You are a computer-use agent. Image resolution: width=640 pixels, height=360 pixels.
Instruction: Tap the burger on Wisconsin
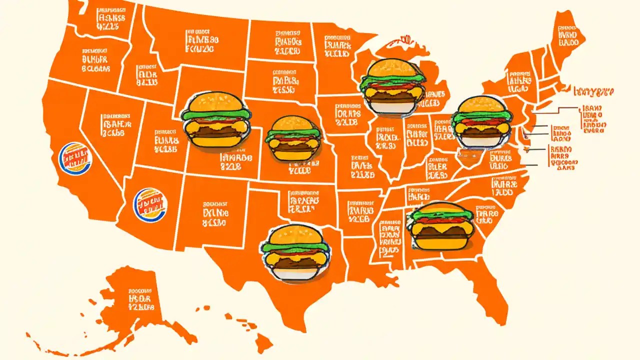click(392, 86)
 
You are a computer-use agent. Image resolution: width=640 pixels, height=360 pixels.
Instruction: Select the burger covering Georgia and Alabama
click(440, 226)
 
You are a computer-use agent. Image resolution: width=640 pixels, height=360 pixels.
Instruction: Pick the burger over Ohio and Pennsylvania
click(481, 121)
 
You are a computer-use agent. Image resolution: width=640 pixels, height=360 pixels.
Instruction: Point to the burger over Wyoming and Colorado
click(215, 121)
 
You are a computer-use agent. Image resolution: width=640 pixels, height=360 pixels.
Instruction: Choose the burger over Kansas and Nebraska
click(293, 138)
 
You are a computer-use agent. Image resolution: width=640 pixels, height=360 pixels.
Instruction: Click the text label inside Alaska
click(141, 298)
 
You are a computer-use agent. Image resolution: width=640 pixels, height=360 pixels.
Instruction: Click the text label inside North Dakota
click(287, 42)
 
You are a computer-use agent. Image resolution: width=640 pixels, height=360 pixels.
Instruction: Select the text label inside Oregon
click(95, 60)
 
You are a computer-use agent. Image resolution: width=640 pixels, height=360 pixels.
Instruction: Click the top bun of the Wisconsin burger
click(392, 68)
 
